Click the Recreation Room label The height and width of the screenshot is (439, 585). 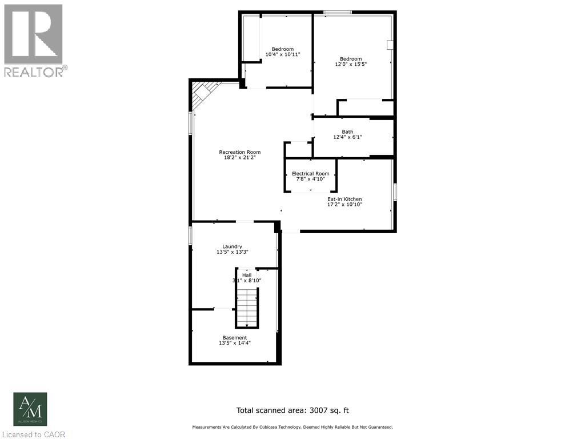[239, 152]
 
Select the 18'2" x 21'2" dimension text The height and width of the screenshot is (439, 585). [239, 158]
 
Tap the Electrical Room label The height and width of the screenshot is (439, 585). [310, 173]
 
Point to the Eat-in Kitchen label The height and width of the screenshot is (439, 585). [344, 199]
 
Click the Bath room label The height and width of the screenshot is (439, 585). [347, 131]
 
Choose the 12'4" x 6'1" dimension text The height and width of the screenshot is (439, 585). [347, 137]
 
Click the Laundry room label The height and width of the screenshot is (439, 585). [232, 246]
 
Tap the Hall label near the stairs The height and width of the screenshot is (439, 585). [246, 275]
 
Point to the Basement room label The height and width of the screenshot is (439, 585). [235, 338]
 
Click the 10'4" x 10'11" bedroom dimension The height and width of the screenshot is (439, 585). [283, 55]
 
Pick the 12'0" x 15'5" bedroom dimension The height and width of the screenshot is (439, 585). [351, 65]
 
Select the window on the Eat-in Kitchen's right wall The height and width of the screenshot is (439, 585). [395, 192]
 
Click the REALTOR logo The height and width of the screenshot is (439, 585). [34, 40]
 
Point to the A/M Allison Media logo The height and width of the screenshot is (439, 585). [30, 409]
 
